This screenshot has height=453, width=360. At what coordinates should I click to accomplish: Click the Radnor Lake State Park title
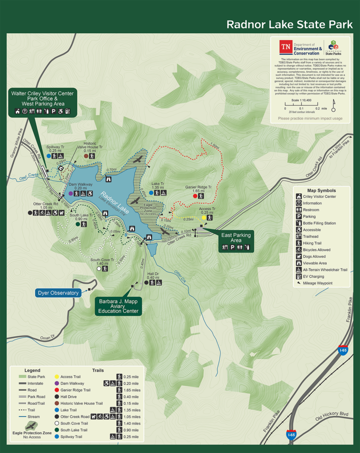click(289, 24)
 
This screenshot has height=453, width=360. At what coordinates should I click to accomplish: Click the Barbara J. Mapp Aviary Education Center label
click(118, 306)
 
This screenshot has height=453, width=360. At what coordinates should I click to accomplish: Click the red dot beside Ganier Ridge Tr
click(195, 196)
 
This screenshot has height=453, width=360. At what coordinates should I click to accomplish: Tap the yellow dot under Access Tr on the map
click(204, 218)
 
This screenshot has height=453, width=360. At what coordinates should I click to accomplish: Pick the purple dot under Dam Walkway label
click(71, 193)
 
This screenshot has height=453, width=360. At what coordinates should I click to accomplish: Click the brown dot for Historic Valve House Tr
click(86, 156)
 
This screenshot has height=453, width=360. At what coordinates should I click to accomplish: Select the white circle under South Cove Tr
click(99, 269)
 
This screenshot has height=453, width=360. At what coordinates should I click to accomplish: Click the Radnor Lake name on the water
click(114, 203)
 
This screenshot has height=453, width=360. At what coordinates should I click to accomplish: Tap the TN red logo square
click(286, 47)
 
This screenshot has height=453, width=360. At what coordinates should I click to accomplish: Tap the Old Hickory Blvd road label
click(332, 416)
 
